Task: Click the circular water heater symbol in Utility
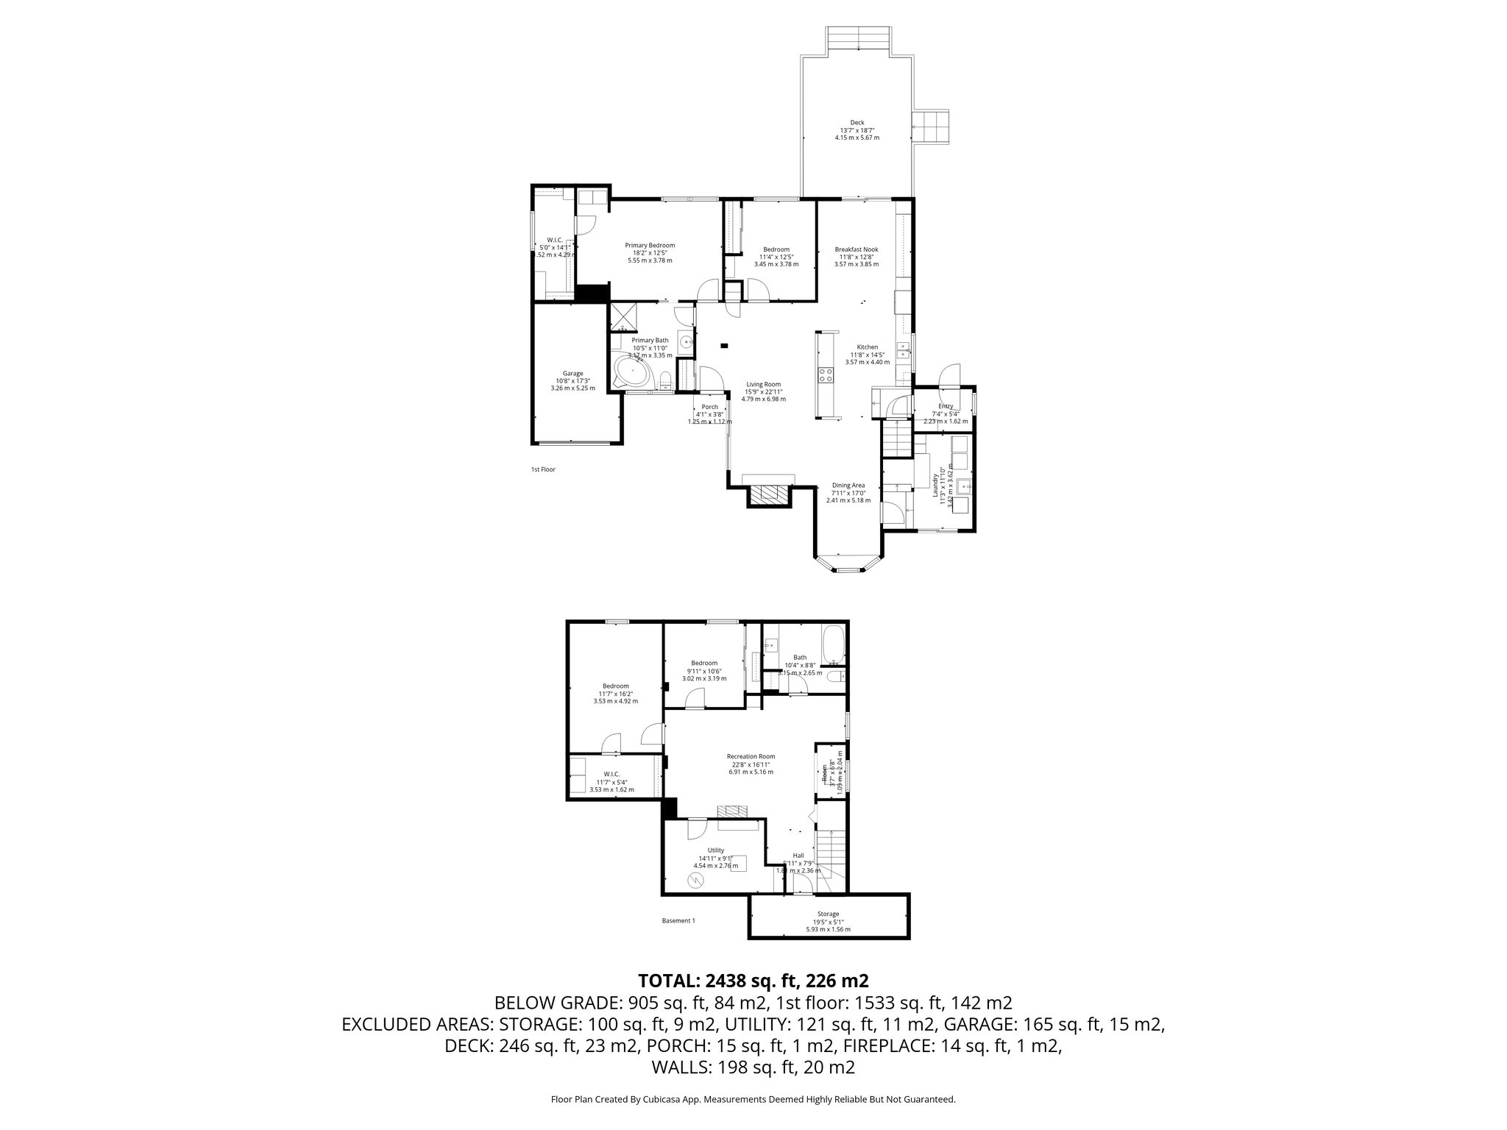pos(695,881)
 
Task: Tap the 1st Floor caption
pos(543,469)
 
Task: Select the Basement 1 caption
pos(678,920)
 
